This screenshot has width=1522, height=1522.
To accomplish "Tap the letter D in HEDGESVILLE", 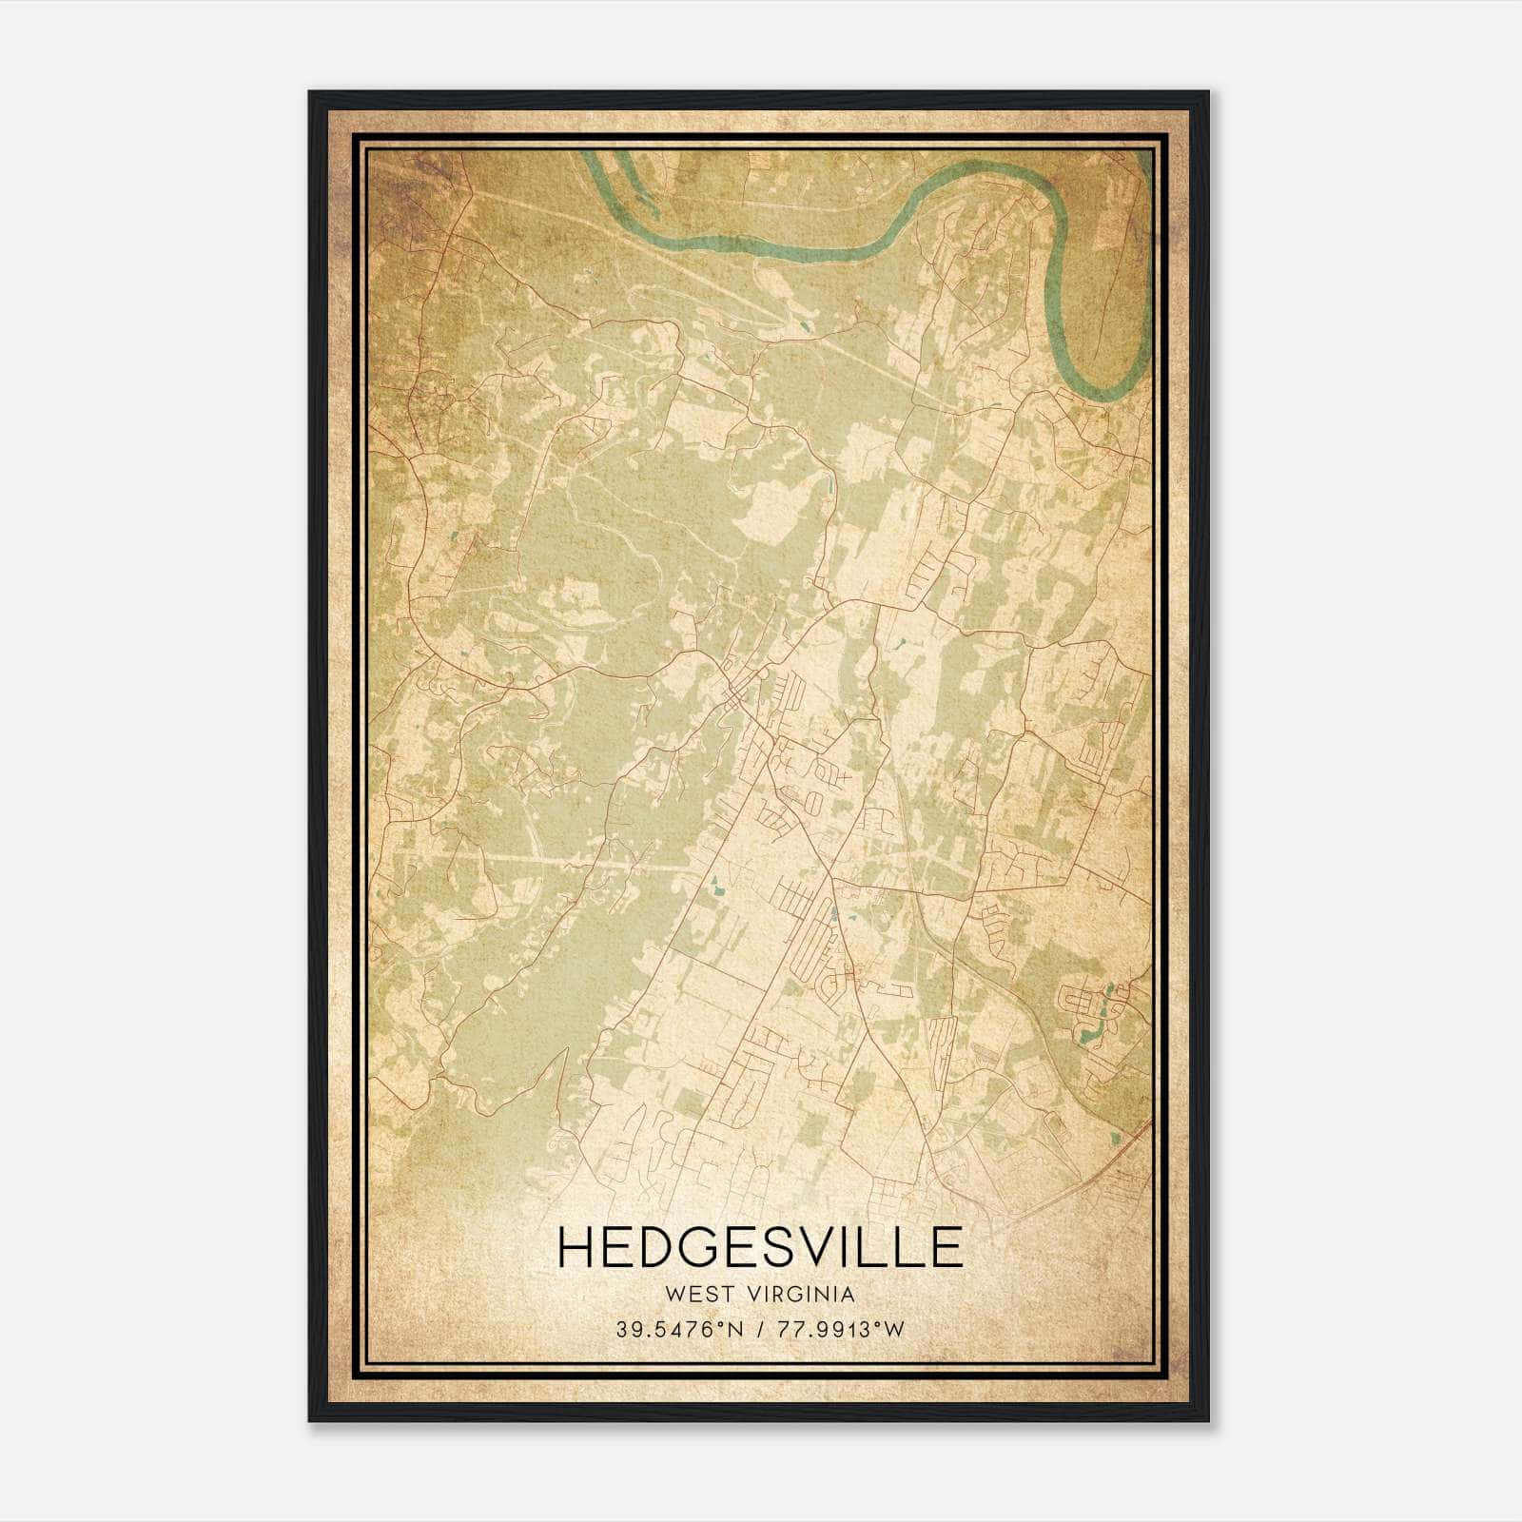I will pos(663,1247).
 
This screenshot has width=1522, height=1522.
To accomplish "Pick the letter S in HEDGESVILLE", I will pos(793,1247).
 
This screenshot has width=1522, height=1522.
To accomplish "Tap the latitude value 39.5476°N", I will pos(676,1330).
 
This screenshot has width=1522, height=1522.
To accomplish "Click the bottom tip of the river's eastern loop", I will pos(1103,392).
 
